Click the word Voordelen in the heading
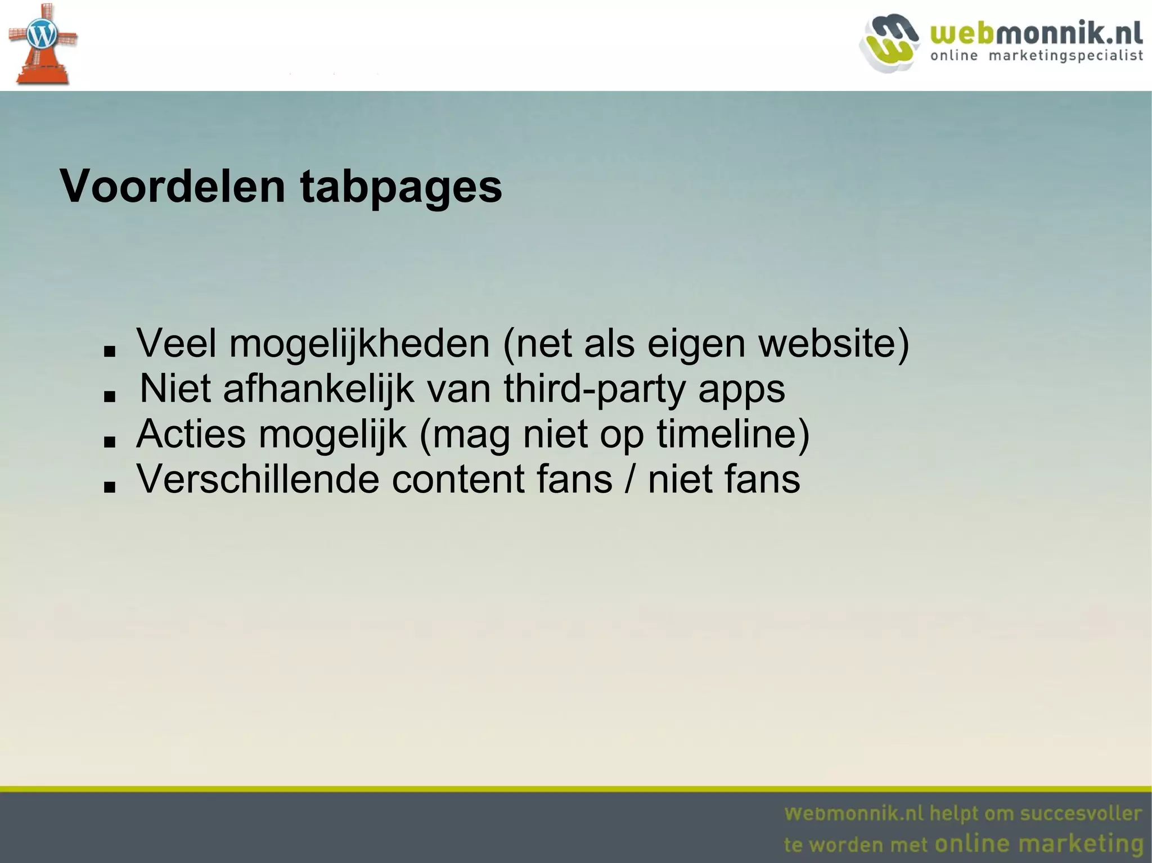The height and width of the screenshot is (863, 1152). tap(173, 187)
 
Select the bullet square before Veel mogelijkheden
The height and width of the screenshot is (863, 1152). tap(110, 351)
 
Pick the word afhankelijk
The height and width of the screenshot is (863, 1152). tap(318, 388)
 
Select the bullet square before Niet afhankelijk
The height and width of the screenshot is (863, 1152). tap(110, 396)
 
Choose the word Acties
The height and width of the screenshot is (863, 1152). tap(191, 433)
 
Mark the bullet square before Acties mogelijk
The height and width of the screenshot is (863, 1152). tap(110, 442)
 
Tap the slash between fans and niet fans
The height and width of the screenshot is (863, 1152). tap(629, 479)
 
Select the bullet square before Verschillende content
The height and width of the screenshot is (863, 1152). tap(110, 487)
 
